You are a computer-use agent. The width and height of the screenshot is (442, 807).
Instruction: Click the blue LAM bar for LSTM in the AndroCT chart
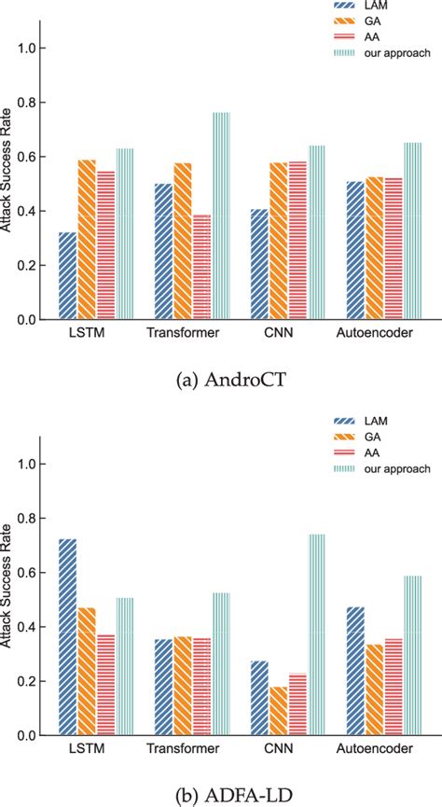67,275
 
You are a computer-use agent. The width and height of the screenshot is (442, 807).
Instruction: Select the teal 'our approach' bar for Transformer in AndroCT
220,216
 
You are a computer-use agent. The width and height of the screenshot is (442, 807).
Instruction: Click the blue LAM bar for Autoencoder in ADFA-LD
356,671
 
